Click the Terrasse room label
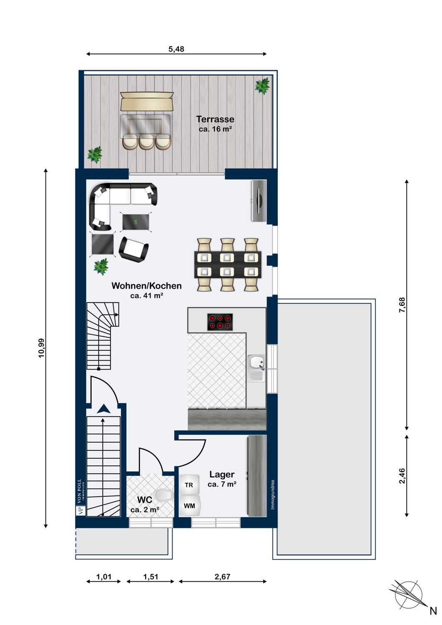point(215,119)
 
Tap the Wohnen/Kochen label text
point(147,286)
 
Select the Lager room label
point(222,474)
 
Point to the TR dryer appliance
point(189,485)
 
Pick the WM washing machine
point(189,505)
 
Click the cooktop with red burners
point(220,322)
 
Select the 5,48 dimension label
point(176,49)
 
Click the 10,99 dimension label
point(42,348)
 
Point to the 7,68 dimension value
point(402,305)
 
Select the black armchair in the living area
point(133,249)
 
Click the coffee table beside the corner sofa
point(136,222)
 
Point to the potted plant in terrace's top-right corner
point(262,86)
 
